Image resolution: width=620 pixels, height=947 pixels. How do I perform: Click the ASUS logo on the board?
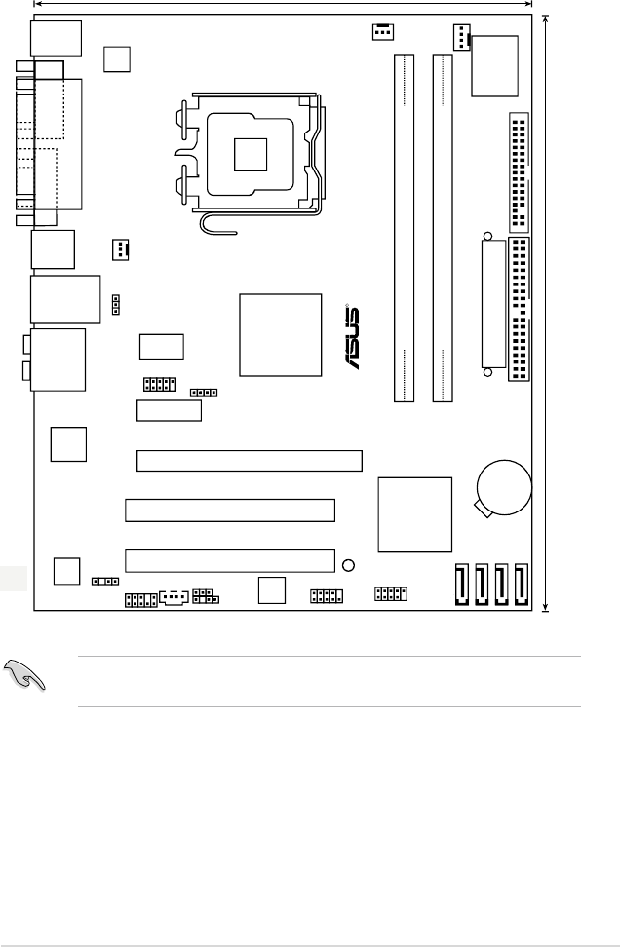click(x=351, y=339)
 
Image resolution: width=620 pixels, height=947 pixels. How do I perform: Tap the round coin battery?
click(x=504, y=485)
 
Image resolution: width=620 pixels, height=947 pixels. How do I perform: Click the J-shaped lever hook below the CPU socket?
click(x=216, y=223)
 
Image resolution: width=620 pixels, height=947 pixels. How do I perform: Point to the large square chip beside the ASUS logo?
click(x=281, y=334)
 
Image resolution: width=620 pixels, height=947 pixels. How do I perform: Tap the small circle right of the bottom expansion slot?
click(x=349, y=565)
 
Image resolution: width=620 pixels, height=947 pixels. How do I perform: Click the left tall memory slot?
click(x=404, y=228)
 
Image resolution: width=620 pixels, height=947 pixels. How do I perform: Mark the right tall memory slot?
click(x=443, y=228)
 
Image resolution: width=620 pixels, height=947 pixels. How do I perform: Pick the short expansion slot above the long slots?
click(x=169, y=409)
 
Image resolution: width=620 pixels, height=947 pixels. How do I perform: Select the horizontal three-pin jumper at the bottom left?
click(x=100, y=581)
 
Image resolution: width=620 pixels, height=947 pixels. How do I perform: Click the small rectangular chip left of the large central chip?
click(x=162, y=346)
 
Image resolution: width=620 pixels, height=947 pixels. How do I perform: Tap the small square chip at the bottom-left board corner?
click(x=67, y=571)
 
